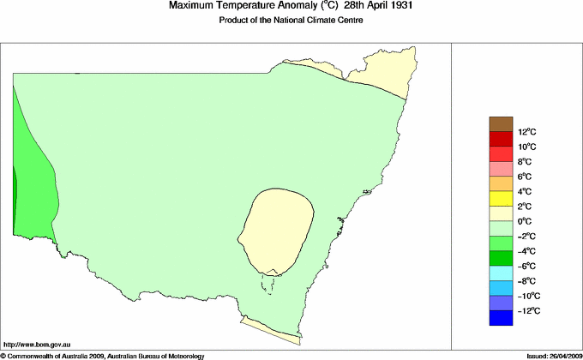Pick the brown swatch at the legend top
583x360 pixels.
(501, 124)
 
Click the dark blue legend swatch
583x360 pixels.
(501, 318)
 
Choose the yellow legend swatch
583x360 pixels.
(501, 199)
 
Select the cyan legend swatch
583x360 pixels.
(501, 273)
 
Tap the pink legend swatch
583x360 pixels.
(501, 169)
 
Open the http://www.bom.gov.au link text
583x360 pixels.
(38, 343)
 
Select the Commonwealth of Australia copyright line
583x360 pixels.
(103, 354)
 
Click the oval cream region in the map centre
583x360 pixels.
(276, 230)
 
